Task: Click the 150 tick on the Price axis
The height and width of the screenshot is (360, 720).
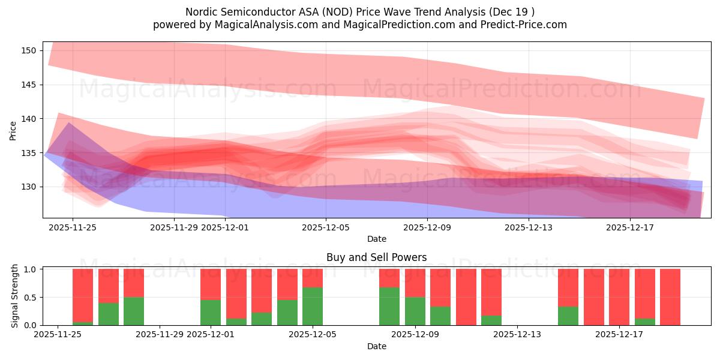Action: coord(29,50)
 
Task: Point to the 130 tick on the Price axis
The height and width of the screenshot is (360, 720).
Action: coord(29,187)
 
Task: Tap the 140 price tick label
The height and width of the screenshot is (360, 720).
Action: coord(29,119)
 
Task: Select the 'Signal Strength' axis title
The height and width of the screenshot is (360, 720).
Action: coord(15,296)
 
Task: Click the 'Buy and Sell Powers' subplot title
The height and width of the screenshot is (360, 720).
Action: coord(376,257)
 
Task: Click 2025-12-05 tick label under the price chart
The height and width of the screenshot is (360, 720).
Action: coord(326,227)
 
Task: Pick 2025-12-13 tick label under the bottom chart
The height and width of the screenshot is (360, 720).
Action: coord(517,335)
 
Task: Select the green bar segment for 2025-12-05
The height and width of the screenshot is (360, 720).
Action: coord(313,306)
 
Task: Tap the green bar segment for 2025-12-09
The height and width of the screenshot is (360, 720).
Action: coord(415,311)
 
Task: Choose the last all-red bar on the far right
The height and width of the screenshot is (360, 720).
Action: coord(670,297)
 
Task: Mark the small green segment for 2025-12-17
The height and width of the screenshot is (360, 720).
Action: coord(645,322)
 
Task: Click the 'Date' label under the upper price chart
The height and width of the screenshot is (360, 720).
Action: coord(376,239)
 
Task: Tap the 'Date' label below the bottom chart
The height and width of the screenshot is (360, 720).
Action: coord(376,346)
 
